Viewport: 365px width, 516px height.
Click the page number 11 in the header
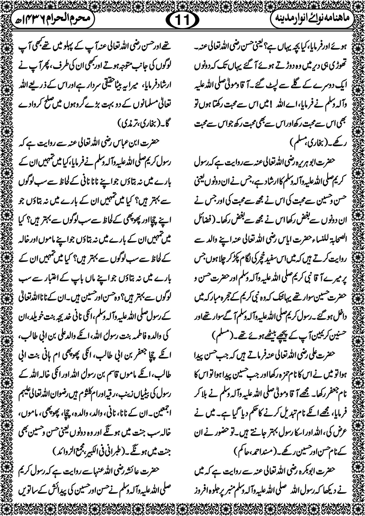[182, 20]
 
